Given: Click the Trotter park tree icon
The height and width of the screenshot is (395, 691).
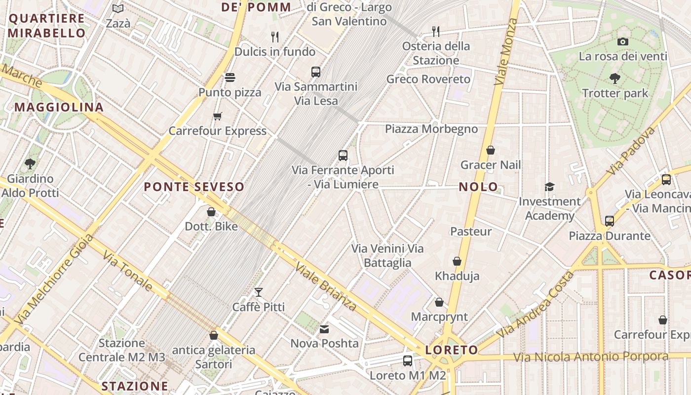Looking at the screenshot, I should tap(614, 78).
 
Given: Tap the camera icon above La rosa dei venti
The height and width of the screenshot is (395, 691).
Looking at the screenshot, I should tap(623, 41).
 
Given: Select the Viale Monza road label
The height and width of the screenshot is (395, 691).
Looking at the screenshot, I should tap(505, 51).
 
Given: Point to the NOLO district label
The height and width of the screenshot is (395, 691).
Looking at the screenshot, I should tap(478, 187).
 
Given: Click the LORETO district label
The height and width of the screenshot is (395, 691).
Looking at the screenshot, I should tap(452, 350).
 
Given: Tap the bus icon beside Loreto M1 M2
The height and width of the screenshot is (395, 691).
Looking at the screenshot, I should tap(407, 361).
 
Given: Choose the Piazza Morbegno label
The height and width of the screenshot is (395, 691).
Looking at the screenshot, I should tap(431, 129).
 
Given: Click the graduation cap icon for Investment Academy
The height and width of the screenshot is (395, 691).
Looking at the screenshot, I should tap(549, 187).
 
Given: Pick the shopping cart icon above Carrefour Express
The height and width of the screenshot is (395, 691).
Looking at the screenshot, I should tap(217, 117).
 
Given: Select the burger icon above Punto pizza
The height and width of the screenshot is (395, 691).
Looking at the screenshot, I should tap(230, 78).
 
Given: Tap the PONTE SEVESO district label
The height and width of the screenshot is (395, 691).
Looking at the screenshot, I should tap(194, 187).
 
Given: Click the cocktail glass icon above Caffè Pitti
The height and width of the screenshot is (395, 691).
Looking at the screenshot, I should tap(258, 292).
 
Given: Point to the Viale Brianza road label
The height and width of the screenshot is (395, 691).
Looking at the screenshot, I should tap(326, 286).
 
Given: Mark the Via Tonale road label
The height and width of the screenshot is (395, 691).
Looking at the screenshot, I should tap(127, 271).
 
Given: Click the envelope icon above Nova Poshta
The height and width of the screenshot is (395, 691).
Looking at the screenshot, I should tap(324, 329).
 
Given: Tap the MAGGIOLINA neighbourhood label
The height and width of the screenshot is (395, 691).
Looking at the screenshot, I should tap(59, 107).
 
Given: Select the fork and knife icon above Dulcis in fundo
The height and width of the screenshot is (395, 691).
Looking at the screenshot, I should tap(275, 37).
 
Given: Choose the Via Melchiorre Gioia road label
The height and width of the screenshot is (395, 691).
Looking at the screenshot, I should tap(54, 279).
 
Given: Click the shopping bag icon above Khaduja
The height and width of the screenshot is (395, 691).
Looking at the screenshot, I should tap(457, 261).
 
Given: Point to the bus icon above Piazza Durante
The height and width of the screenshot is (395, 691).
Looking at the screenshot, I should tap(609, 221).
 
